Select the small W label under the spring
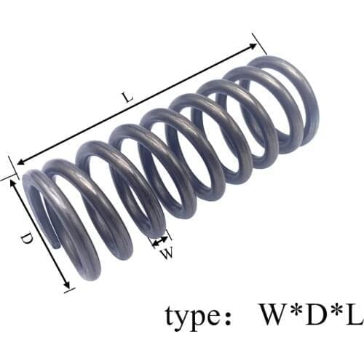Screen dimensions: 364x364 click(167, 253)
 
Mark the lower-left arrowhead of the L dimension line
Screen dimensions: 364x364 click(20, 164)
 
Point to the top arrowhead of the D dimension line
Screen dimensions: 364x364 click(13, 182)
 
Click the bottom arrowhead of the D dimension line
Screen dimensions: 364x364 click(68, 286)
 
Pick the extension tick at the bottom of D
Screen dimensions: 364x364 click(70, 290)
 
